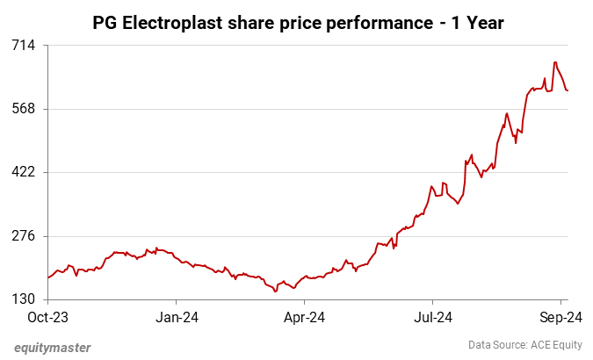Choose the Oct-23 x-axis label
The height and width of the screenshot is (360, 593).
point(48,316)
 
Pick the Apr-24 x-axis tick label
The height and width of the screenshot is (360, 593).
point(307,316)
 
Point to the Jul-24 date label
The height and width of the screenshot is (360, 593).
point(434,316)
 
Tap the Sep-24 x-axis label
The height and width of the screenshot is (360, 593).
point(557,316)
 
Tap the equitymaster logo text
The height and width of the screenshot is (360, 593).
point(53,347)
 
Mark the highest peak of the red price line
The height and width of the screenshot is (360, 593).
point(555,62)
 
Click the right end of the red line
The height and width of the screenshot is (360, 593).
point(568,90)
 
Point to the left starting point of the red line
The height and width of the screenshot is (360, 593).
point(48,277)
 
